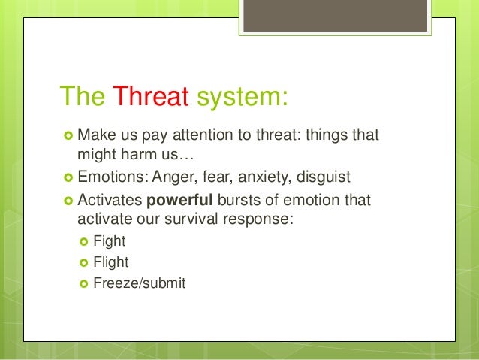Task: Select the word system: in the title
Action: [239, 96]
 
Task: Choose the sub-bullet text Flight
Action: [111, 263]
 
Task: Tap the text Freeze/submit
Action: [139, 284]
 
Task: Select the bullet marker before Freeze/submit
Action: [83, 284]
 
